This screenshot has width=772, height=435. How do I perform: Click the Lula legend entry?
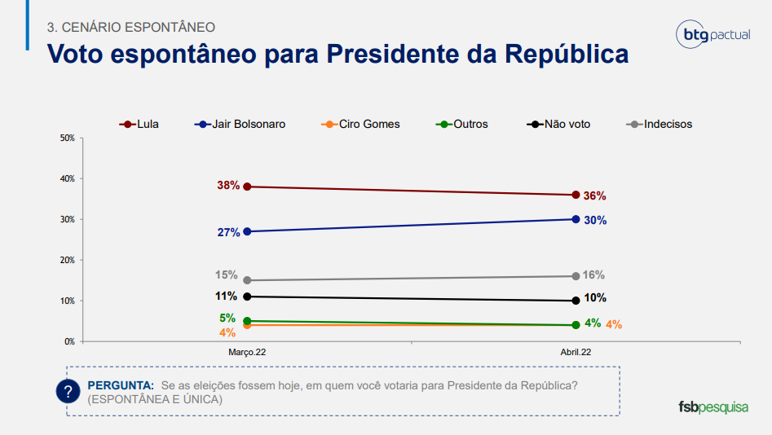[139, 124]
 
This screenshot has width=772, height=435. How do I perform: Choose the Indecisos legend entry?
[660, 124]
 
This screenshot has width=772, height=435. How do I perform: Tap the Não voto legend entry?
[558, 124]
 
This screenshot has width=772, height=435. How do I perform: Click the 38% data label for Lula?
[228, 186]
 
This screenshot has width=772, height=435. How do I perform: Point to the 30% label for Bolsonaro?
[595, 220]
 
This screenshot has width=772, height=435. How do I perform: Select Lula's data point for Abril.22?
[576, 195]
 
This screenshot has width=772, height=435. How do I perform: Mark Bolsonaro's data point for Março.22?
[247, 231]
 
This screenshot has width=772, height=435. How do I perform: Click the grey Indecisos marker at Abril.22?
[576, 276]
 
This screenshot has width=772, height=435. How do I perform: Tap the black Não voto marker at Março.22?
[247, 297]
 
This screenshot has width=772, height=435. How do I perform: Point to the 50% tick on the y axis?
[68, 138]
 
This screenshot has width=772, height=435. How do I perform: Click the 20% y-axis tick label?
[68, 260]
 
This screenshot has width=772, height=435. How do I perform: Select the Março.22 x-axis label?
[247, 353]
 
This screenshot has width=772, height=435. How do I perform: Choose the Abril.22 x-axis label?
[576, 353]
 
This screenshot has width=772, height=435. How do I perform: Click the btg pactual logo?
[710, 35]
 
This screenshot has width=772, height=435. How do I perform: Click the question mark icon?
[68, 391]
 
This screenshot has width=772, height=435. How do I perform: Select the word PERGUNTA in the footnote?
[120, 384]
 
